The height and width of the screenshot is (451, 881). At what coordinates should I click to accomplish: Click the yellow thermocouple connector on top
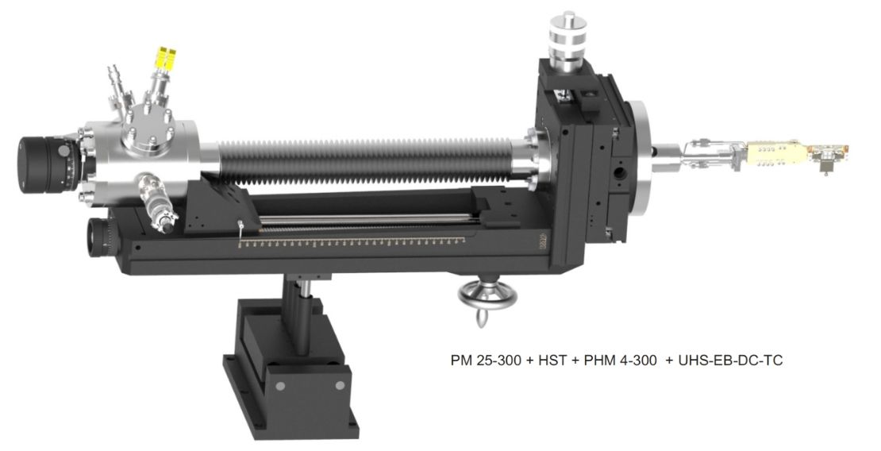click(x=167, y=58)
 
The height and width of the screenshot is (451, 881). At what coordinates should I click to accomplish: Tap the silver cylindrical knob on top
click(x=567, y=37)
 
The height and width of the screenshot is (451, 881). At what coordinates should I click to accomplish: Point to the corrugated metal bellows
click(x=365, y=161)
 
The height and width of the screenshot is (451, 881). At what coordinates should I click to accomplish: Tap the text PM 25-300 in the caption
click(x=486, y=360)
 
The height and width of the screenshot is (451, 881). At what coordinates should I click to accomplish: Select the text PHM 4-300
click(x=620, y=360)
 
